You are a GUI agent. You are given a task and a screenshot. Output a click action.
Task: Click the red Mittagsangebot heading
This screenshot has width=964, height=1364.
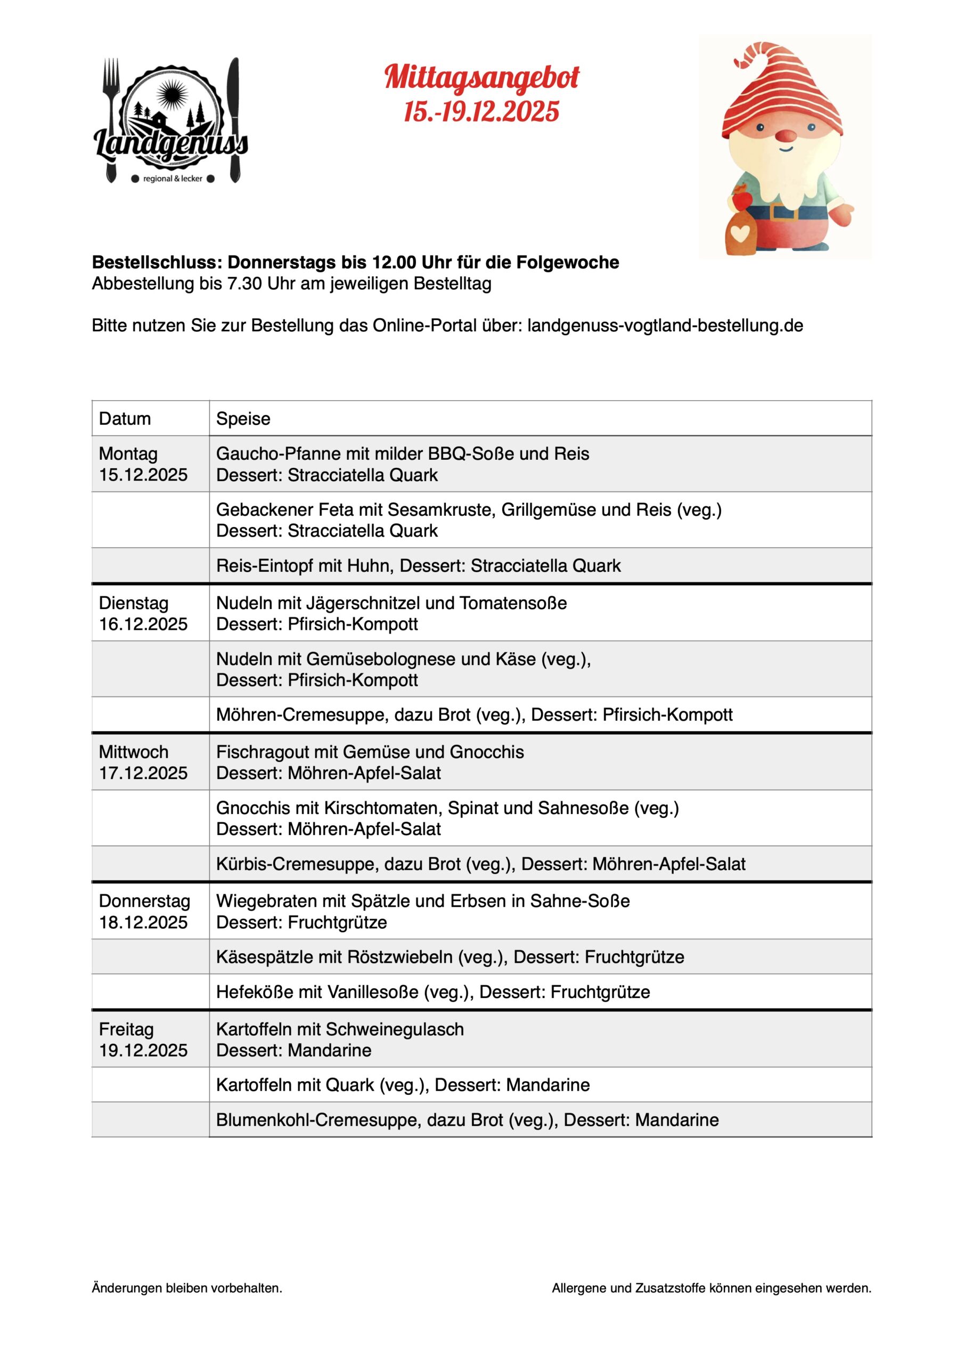(481, 78)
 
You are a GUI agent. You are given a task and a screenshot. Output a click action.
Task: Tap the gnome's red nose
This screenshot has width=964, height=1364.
(787, 136)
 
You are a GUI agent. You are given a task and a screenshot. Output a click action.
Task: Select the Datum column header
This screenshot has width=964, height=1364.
(125, 419)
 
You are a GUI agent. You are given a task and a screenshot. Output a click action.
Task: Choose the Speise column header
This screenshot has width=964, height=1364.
(243, 419)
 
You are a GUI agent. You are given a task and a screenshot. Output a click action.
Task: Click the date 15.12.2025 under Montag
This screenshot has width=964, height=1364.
(143, 475)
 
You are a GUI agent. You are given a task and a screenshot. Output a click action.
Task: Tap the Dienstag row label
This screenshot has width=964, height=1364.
(134, 603)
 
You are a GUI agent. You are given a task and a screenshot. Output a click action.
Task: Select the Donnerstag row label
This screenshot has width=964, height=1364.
(144, 901)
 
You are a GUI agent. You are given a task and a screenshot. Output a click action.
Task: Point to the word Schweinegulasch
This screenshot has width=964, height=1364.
(395, 1029)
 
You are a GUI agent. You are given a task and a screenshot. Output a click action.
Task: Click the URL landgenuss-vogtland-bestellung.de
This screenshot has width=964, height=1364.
(665, 326)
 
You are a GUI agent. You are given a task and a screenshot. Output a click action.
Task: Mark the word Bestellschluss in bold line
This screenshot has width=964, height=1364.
(157, 262)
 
